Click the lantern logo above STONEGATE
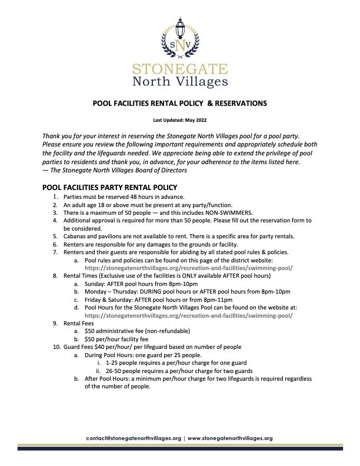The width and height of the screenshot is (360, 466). coord(180,36)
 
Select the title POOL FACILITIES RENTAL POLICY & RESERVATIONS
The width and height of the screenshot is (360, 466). coord(180,103)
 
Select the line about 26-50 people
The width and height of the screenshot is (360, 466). coord(171,372)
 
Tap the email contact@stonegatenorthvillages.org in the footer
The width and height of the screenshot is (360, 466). coord(133,438)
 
